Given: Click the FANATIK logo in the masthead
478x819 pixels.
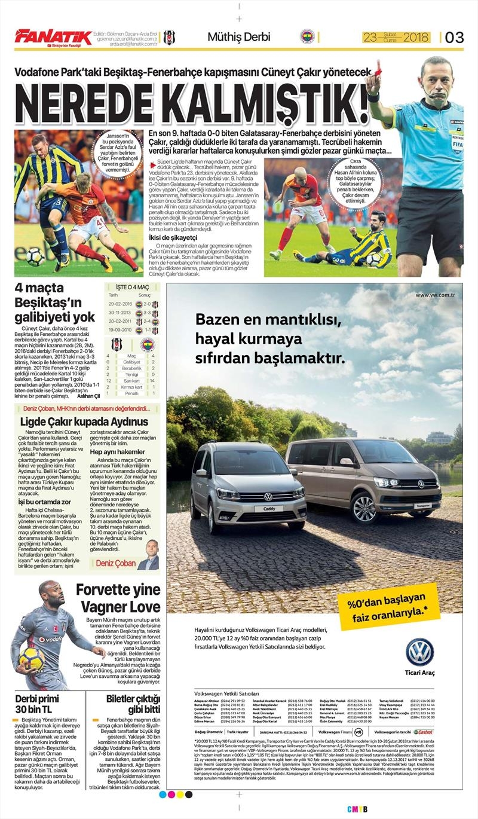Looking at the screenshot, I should (x=53, y=37).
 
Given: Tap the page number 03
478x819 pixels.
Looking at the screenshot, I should (x=454, y=37).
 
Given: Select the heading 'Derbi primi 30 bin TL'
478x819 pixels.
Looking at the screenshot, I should (x=38, y=704).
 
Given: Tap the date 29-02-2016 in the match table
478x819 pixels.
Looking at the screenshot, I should (x=121, y=304).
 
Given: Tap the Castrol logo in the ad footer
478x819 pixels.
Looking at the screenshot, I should (x=423, y=732).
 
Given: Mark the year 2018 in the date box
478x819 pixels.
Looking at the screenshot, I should (x=416, y=37).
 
